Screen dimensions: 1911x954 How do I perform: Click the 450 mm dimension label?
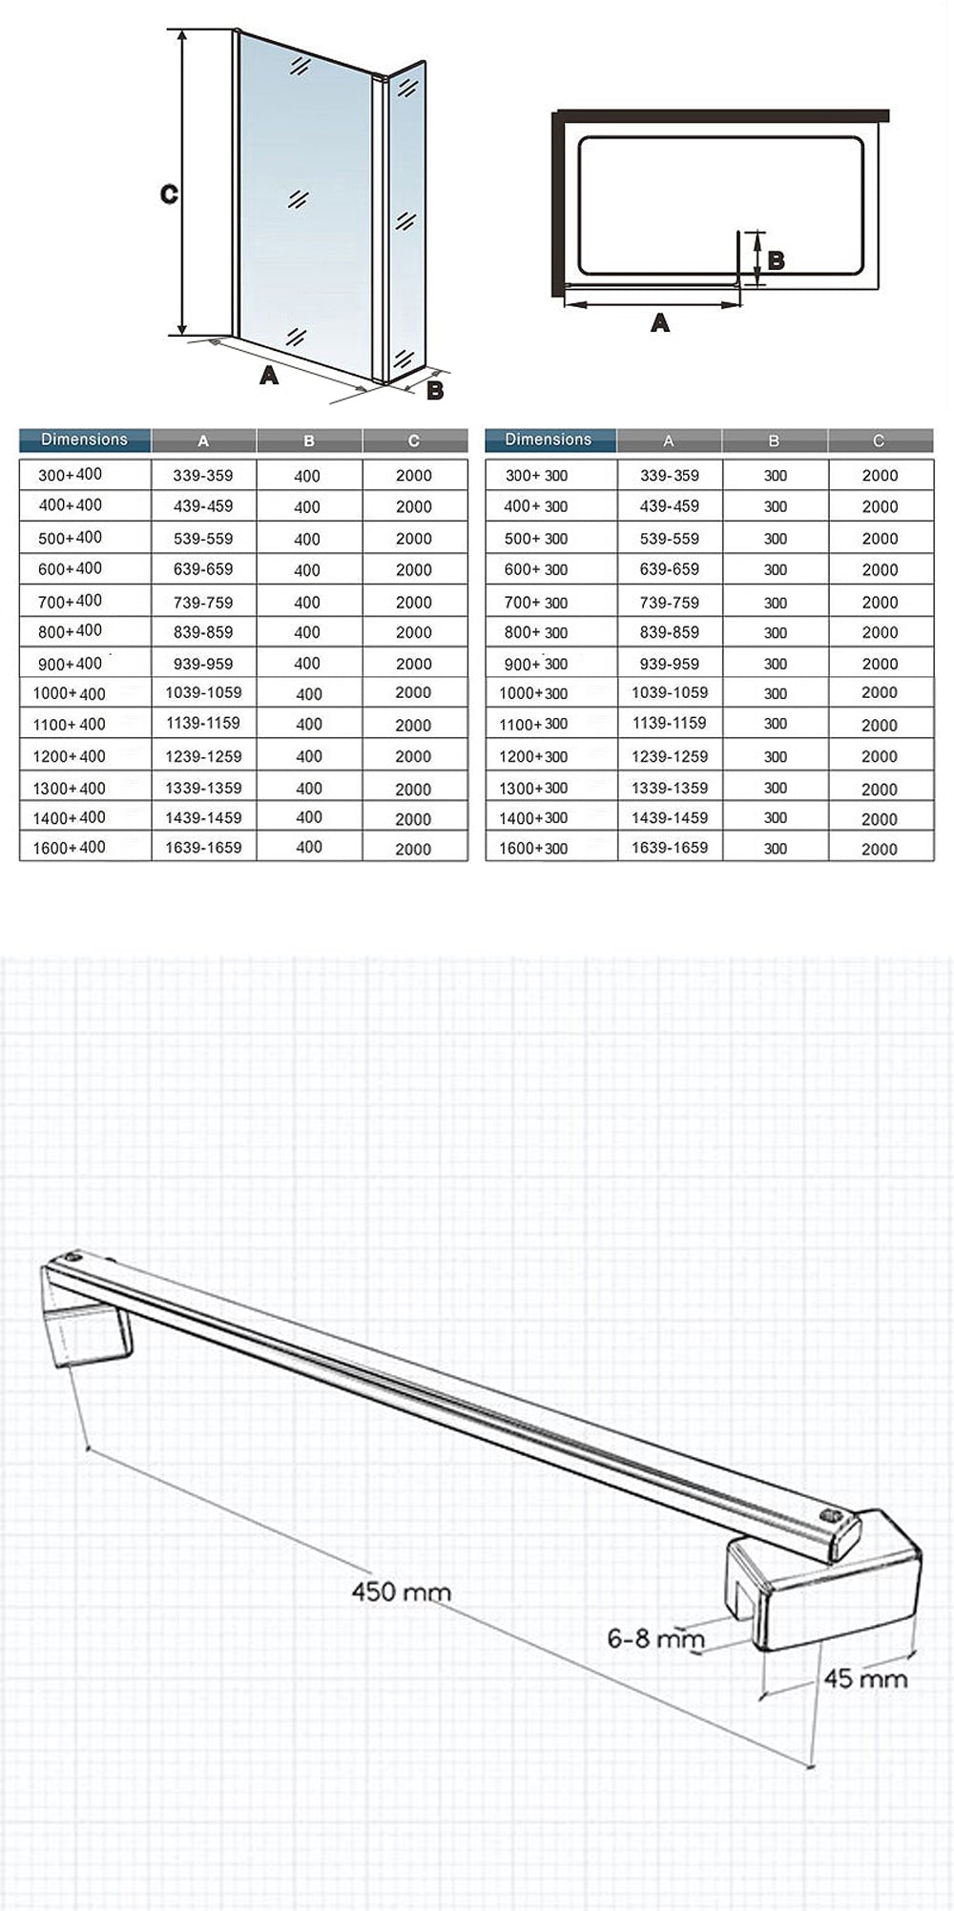coord(401,1592)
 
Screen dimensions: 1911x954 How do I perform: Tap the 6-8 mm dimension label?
coord(655,1637)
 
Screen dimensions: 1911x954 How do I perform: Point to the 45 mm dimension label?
coord(864,1678)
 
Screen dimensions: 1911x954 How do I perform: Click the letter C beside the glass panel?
coord(169,195)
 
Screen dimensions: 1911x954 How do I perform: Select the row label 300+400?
coord(70,475)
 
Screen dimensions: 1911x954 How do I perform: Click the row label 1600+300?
coord(533,848)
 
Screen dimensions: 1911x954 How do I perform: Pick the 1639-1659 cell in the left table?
coord(203,847)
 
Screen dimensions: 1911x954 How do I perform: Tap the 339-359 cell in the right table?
coord(669,475)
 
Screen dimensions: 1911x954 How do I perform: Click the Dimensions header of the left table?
coord(84,440)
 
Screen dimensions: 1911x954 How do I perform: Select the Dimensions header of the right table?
coord(549,440)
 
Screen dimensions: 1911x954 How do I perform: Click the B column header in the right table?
coord(774,441)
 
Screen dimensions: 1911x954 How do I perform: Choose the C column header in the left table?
coord(413,441)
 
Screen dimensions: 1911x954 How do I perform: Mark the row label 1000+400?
coord(69,694)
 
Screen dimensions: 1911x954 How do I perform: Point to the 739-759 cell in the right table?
coord(669,603)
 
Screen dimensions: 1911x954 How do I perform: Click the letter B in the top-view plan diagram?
coord(776,259)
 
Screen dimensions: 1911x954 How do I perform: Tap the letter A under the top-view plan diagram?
coord(659,323)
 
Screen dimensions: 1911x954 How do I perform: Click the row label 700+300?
coord(535,603)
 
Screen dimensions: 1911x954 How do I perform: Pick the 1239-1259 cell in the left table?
coord(203,756)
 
